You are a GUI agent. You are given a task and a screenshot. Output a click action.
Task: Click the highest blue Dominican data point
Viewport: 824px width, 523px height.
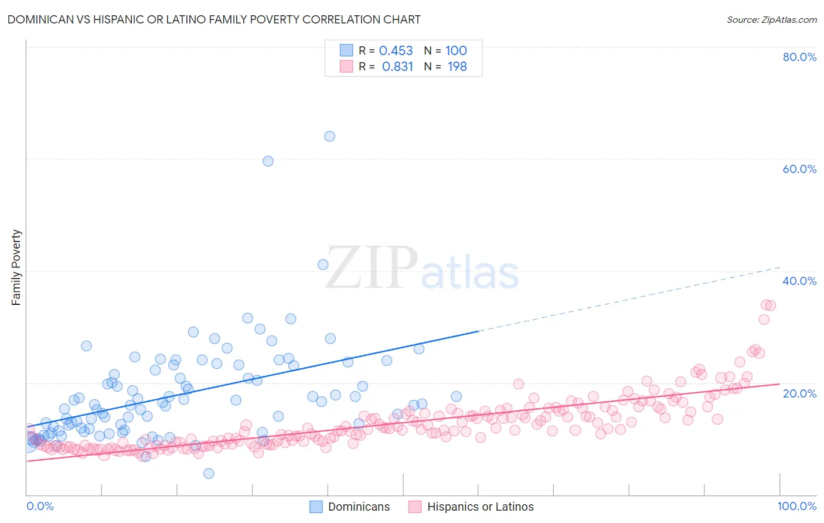click(x=329, y=136)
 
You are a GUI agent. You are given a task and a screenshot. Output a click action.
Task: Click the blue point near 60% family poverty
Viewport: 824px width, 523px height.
click(x=268, y=161)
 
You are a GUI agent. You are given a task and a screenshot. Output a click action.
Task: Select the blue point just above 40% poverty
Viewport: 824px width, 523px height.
click(x=323, y=264)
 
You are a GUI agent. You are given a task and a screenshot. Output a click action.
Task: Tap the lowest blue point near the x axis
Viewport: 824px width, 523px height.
click(x=209, y=473)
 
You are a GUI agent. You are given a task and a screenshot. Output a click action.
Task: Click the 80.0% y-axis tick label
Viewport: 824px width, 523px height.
click(x=799, y=57)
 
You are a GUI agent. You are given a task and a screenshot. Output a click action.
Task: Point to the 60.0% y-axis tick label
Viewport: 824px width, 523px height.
click(x=799, y=169)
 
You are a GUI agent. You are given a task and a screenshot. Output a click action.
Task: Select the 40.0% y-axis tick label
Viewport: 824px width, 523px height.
click(x=799, y=281)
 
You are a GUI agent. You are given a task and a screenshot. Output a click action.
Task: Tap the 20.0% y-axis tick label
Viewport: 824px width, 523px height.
click(x=799, y=393)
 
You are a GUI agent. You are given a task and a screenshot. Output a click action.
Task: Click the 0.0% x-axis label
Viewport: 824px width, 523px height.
click(x=40, y=506)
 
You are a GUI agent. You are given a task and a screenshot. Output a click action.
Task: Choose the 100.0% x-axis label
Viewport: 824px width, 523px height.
click(x=796, y=506)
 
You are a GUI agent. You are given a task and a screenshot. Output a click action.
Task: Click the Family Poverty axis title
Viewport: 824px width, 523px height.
click(x=16, y=267)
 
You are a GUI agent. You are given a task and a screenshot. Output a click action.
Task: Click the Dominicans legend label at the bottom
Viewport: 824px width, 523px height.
click(x=359, y=507)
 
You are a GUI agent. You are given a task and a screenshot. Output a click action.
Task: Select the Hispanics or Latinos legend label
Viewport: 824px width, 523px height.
click(x=480, y=507)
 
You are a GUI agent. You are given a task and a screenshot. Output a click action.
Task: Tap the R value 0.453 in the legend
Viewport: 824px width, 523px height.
click(x=396, y=51)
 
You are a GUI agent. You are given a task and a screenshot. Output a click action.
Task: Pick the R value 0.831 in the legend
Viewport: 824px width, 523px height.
click(x=397, y=67)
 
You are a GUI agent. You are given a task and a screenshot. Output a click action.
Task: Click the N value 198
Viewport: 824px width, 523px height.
click(x=457, y=67)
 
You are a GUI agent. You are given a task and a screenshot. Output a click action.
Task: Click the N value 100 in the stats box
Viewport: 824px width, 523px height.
click(x=456, y=51)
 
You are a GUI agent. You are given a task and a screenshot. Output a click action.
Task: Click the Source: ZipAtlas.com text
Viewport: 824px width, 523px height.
click(x=771, y=20)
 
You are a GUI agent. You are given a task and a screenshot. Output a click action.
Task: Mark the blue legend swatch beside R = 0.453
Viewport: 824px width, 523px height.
click(x=346, y=50)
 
